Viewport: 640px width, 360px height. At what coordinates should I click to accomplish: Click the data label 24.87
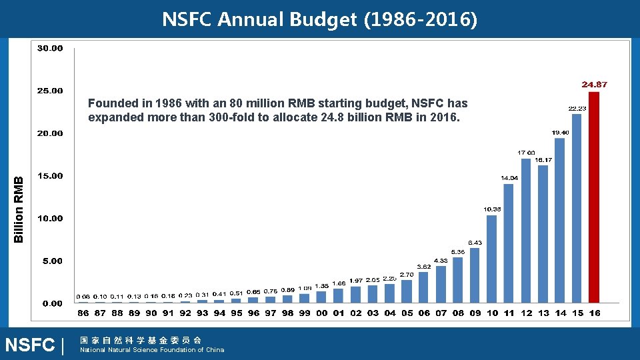tap(594, 85)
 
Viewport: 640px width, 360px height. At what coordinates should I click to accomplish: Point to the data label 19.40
tap(561, 133)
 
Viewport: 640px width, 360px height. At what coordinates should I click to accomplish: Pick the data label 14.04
tap(509, 178)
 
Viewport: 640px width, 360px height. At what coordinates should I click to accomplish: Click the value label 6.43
tap(475, 242)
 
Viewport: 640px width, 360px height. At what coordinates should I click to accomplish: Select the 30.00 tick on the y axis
tap(49, 48)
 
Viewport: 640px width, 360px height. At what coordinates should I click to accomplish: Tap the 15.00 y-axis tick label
tap(49, 176)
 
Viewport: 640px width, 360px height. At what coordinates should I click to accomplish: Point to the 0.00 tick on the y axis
tap(52, 303)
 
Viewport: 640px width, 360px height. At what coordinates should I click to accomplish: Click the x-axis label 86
tap(83, 313)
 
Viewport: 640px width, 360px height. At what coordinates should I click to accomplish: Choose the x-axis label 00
tap(322, 313)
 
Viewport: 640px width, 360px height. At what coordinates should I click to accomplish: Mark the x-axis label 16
tap(594, 313)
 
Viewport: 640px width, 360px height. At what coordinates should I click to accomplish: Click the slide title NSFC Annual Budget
tap(319, 20)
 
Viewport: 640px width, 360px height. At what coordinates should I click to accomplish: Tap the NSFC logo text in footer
tap(30, 345)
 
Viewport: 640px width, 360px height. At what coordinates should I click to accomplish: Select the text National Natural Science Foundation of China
tap(152, 350)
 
